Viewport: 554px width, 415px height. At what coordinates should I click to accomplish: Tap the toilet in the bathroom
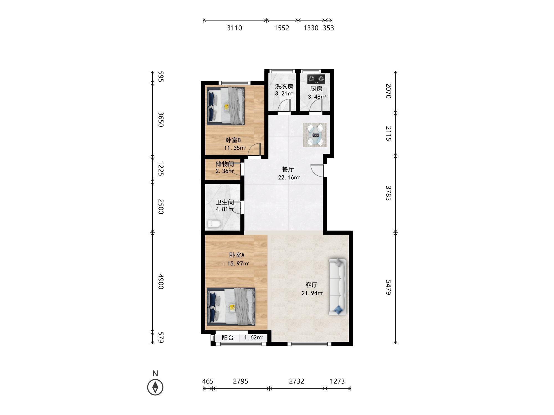point(214,224)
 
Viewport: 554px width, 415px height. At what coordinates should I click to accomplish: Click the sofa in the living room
point(337,287)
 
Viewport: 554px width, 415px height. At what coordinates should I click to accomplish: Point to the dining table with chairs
point(315,135)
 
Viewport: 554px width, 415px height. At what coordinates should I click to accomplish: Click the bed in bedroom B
point(226,106)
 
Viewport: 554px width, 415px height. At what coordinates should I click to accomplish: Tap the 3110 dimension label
point(235,28)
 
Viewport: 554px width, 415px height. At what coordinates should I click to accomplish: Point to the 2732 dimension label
point(296,381)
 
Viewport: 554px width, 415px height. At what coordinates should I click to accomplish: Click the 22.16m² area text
point(289,177)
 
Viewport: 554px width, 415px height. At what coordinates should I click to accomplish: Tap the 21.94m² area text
point(312,293)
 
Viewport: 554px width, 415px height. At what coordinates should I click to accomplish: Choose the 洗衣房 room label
point(284,87)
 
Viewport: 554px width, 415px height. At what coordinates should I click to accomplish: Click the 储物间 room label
point(225,164)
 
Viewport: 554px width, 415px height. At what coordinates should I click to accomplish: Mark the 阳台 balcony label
point(228,338)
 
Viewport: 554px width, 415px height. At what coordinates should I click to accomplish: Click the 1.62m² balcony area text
point(253,338)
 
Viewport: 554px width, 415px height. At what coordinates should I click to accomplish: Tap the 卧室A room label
point(237,255)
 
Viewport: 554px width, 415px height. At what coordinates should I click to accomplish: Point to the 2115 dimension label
point(389,133)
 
